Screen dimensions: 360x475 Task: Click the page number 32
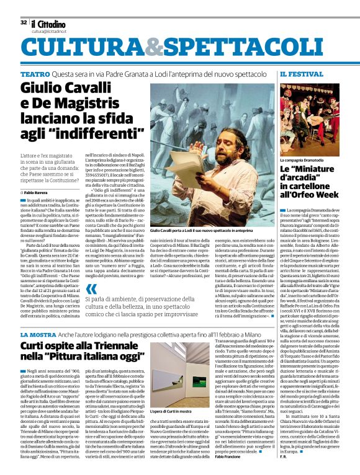coord(23,23)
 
